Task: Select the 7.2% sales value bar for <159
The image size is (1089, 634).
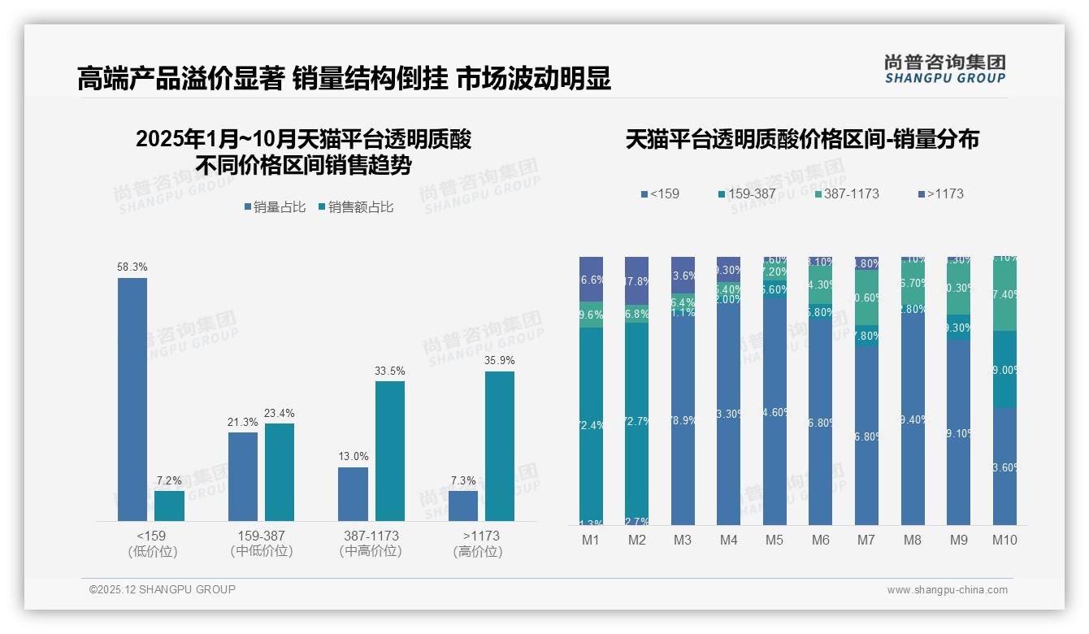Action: pos(169,506)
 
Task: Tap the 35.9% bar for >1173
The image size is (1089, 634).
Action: pos(499,445)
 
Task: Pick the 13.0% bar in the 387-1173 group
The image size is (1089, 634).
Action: pos(353,493)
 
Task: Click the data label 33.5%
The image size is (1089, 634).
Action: pos(389,371)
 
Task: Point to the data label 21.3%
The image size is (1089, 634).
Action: pos(242,422)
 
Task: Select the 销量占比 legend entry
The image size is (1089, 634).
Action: pos(275,207)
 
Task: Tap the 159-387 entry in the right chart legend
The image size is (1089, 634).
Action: pos(747,194)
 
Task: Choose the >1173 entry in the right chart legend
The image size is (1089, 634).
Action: pos(941,194)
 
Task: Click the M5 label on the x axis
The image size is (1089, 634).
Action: pos(774,540)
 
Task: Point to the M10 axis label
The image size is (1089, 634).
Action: pos(1004,540)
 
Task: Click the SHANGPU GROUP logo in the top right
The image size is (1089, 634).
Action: pos(944,69)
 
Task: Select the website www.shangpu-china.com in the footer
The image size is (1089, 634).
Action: pos(947,590)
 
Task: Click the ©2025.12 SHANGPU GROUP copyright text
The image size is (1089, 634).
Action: pos(163,589)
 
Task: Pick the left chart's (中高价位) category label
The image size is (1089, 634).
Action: pos(371,551)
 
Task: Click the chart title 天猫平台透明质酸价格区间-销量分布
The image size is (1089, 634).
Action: pos(801,140)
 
